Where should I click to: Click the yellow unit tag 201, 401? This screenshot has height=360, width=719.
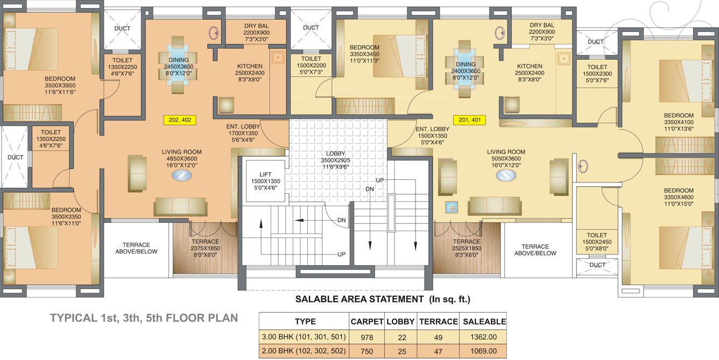pyautogui.click(x=469, y=120)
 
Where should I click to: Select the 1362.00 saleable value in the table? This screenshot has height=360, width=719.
pyautogui.click(x=483, y=337)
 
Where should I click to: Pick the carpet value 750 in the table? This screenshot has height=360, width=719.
pyautogui.click(x=366, y=351)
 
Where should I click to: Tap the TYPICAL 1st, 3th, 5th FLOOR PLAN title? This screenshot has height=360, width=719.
pyautogui.click(x=144, y=318)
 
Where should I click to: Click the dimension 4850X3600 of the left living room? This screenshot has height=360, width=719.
pyautogui.click(x=181, y=159)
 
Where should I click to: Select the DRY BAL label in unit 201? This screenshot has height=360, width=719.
pyautogui.click(x=542, y=25)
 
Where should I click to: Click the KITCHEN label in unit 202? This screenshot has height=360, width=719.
pyautogui.click(x=250, y=66)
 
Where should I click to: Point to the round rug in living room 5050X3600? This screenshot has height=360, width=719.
pyautogui.click(x=505, y=175)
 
